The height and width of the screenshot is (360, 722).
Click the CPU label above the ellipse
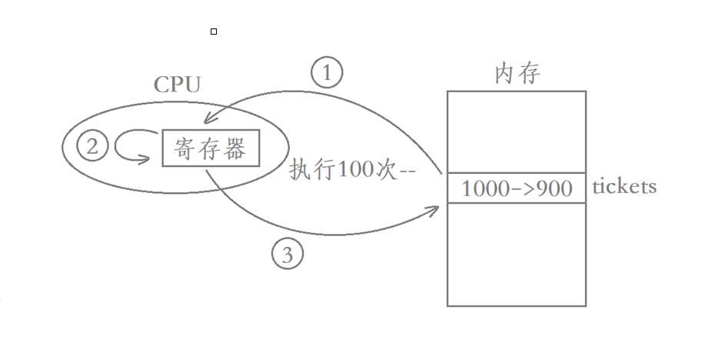(x=177, y=84)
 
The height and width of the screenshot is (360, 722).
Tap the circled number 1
(x=327, y=73)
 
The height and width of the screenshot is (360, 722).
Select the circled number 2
(x=92, y=147)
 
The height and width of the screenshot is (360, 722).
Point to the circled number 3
(x=288, y=255)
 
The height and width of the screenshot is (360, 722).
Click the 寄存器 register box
(x=211, y=148)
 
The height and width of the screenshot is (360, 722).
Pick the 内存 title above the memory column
(x=517, y=73)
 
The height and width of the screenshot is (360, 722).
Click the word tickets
(x=624, y=187)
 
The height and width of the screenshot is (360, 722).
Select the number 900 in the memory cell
(x=554, y=188)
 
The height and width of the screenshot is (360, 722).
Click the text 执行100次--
(x=352, y=170)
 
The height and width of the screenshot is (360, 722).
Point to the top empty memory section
(x=516, y=132)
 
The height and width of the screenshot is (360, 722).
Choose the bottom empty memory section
(x=516, y=254)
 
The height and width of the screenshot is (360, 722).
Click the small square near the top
(x=214, y=32)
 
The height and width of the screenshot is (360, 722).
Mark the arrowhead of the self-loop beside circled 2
(x=146, y=160)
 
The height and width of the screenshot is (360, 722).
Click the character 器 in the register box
(x=235, y=148)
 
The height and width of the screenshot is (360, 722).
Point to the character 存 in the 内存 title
(x=529, y=73)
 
